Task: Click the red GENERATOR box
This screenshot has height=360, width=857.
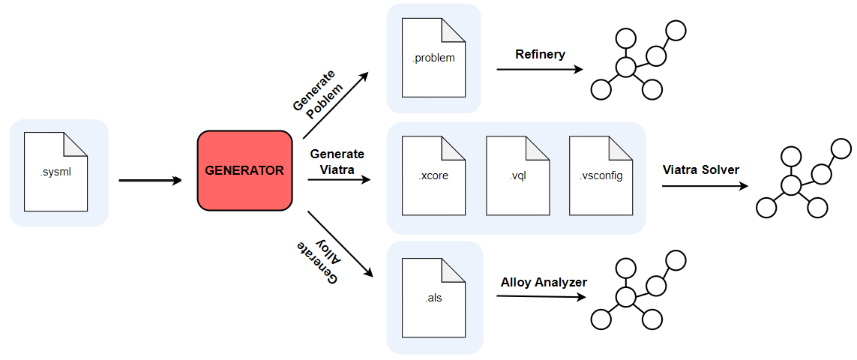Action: click(x=244, y=170)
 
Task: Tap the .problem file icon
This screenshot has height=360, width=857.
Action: click(x=433, y=58)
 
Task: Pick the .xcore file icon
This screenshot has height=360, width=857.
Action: click(x=433, y=175)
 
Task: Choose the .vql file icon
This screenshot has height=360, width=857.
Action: click(x=517, y=175)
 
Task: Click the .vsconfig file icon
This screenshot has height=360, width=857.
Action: click(x=601, y=175)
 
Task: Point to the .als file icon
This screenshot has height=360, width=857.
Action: click(x=433, y=297)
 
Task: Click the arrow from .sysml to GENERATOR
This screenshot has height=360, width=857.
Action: click(x=150, y=180)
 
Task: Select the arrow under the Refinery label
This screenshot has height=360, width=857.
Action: click(x=540, y=70)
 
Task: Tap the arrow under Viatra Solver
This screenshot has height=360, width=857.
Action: click(x=705, y=186)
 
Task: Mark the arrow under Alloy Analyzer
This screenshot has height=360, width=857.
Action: click(x=541, y=296)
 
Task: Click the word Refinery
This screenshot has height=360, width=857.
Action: click(x=540, y=54)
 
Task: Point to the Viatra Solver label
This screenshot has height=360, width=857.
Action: click(x=701, y=169)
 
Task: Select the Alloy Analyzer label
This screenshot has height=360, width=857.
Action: click(x=544, y=282)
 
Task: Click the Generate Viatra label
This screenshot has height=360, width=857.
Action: click(x=336, y=161)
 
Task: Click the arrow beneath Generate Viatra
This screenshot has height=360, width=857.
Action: click(x=339, y=179)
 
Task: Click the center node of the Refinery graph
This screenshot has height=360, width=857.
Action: click(x=626, y=68)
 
